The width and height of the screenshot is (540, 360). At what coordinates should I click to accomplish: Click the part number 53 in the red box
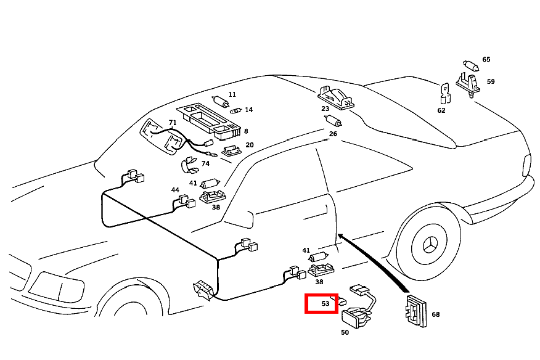point(325,303)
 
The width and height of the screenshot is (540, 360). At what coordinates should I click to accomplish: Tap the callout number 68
point(436,314)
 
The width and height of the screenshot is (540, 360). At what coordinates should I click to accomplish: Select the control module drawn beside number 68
point(417,311)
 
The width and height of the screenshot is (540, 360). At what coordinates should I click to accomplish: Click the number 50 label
point(345,332)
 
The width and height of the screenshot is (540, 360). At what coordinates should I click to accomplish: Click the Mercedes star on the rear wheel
point(430,246)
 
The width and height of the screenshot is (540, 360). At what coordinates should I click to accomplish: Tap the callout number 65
point(486,59)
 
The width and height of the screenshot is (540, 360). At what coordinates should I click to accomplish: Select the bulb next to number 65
point(470,65)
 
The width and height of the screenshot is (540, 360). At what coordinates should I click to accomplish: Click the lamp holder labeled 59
point(468,84)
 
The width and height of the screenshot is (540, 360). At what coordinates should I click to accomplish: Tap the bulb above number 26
point(333,121)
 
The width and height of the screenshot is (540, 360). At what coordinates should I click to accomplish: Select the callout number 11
point(232,94)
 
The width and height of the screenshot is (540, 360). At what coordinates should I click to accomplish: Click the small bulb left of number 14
point(235,110)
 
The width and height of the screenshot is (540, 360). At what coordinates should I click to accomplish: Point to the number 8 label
point(246,131)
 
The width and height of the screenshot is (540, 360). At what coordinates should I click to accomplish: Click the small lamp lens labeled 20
point(231,150)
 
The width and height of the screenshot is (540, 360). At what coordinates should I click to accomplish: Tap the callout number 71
point(173,123)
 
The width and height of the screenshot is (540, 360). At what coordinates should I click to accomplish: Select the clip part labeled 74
point(190,165)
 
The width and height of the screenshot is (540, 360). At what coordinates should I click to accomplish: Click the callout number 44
point(175,190)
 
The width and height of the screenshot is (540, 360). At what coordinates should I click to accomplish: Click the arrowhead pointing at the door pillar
point(341,236)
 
